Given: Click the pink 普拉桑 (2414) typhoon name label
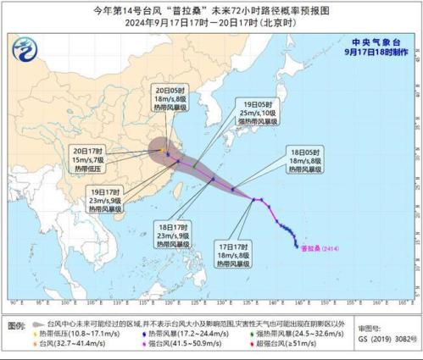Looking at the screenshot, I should click(321, 248).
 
